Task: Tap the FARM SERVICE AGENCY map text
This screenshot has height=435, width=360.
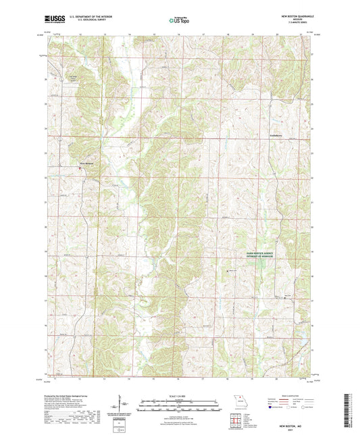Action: [257, 251]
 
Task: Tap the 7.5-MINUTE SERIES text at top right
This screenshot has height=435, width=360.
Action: [290, 23]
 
